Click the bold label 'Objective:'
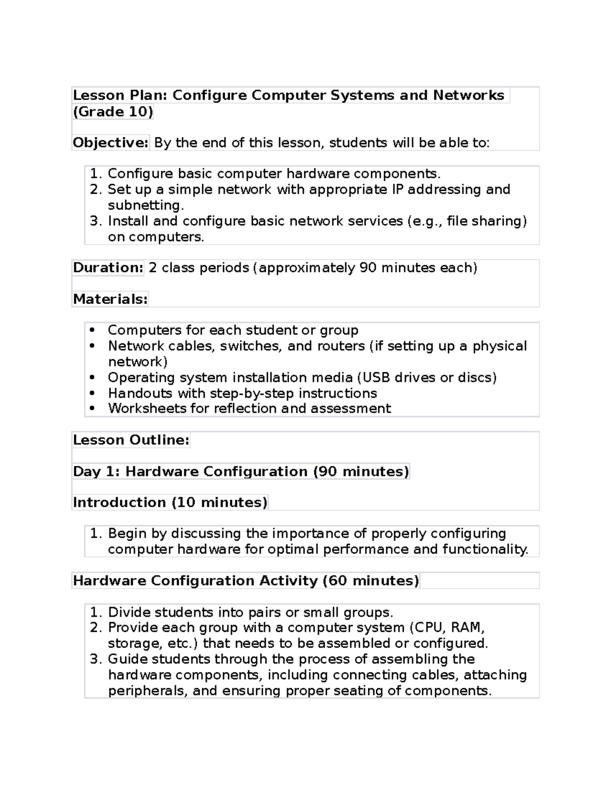click(x=110, y=143)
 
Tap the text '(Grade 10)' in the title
click(x=113, y=112)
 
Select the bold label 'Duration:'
click(x=108, y=268)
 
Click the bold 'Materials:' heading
click(x=110, y=299)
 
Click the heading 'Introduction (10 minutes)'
click(x=170, y=503)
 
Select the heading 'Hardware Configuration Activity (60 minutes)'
click(x=246, y=581)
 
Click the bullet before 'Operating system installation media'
click(x=92, y=377)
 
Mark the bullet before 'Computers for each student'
click(x=92, y=330)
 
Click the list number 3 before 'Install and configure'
click(x=95, y=221)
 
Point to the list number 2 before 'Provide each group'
click(x=95, y=628)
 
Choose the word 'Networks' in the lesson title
click(x=468, y=96)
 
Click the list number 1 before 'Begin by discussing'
click(x=95, y=534)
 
